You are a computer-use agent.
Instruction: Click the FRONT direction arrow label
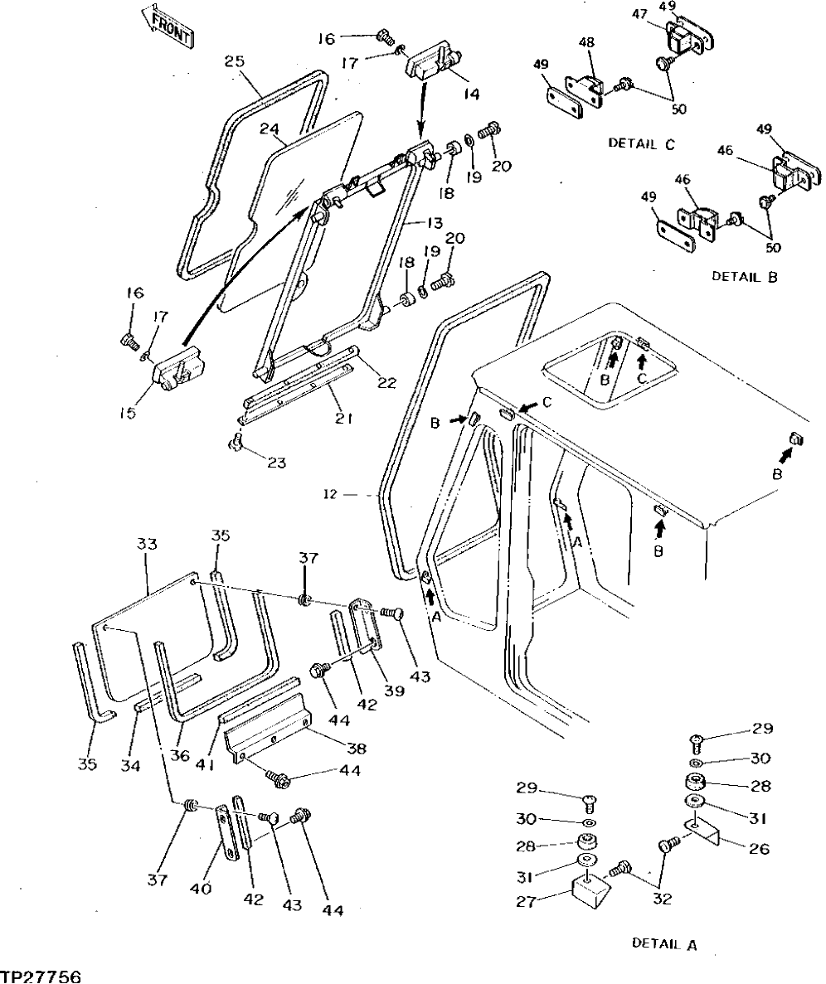(171, 27)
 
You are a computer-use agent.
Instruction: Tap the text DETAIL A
(664, 943)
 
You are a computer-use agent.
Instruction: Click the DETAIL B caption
(744, 276)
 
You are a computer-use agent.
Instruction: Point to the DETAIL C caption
(641, 143)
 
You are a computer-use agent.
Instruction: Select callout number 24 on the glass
(269, 129)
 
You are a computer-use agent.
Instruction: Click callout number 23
(275, 462)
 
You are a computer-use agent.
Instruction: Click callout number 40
(200, 889)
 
